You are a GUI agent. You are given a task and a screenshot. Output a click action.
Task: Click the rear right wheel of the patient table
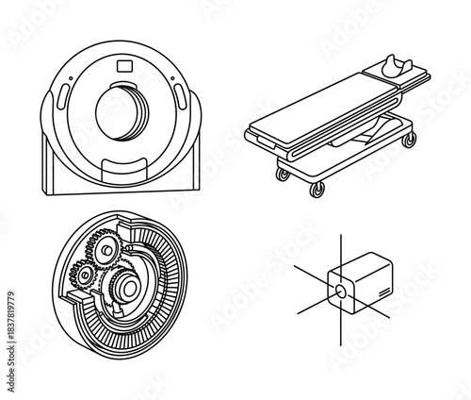pyautogui.click(x=409, y=141)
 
